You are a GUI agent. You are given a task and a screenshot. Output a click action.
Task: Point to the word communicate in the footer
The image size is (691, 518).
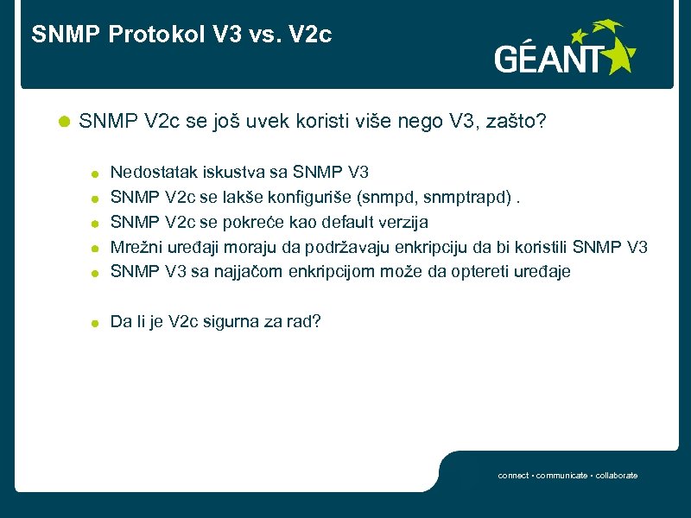coord(563,476)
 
